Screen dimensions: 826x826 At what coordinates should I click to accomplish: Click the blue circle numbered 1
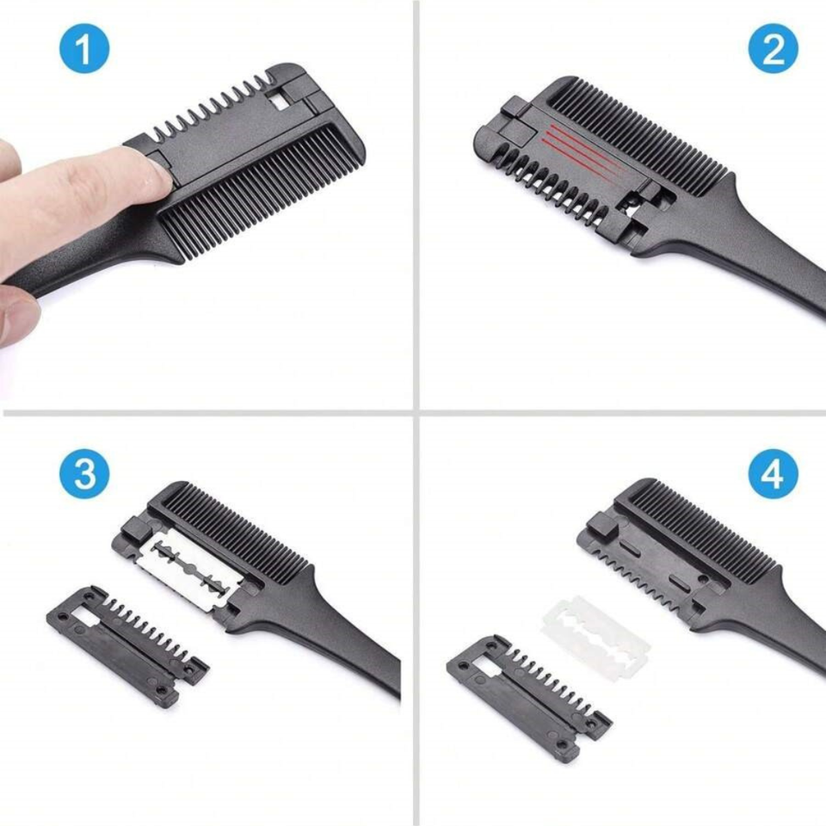84,50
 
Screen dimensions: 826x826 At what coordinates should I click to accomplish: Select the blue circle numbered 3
84,474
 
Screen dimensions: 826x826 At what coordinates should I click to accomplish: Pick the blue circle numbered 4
773,474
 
